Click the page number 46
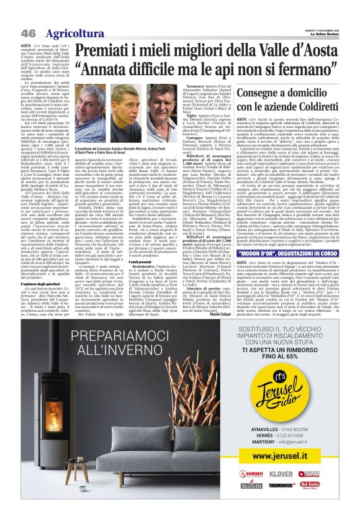(x=28, y=33)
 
